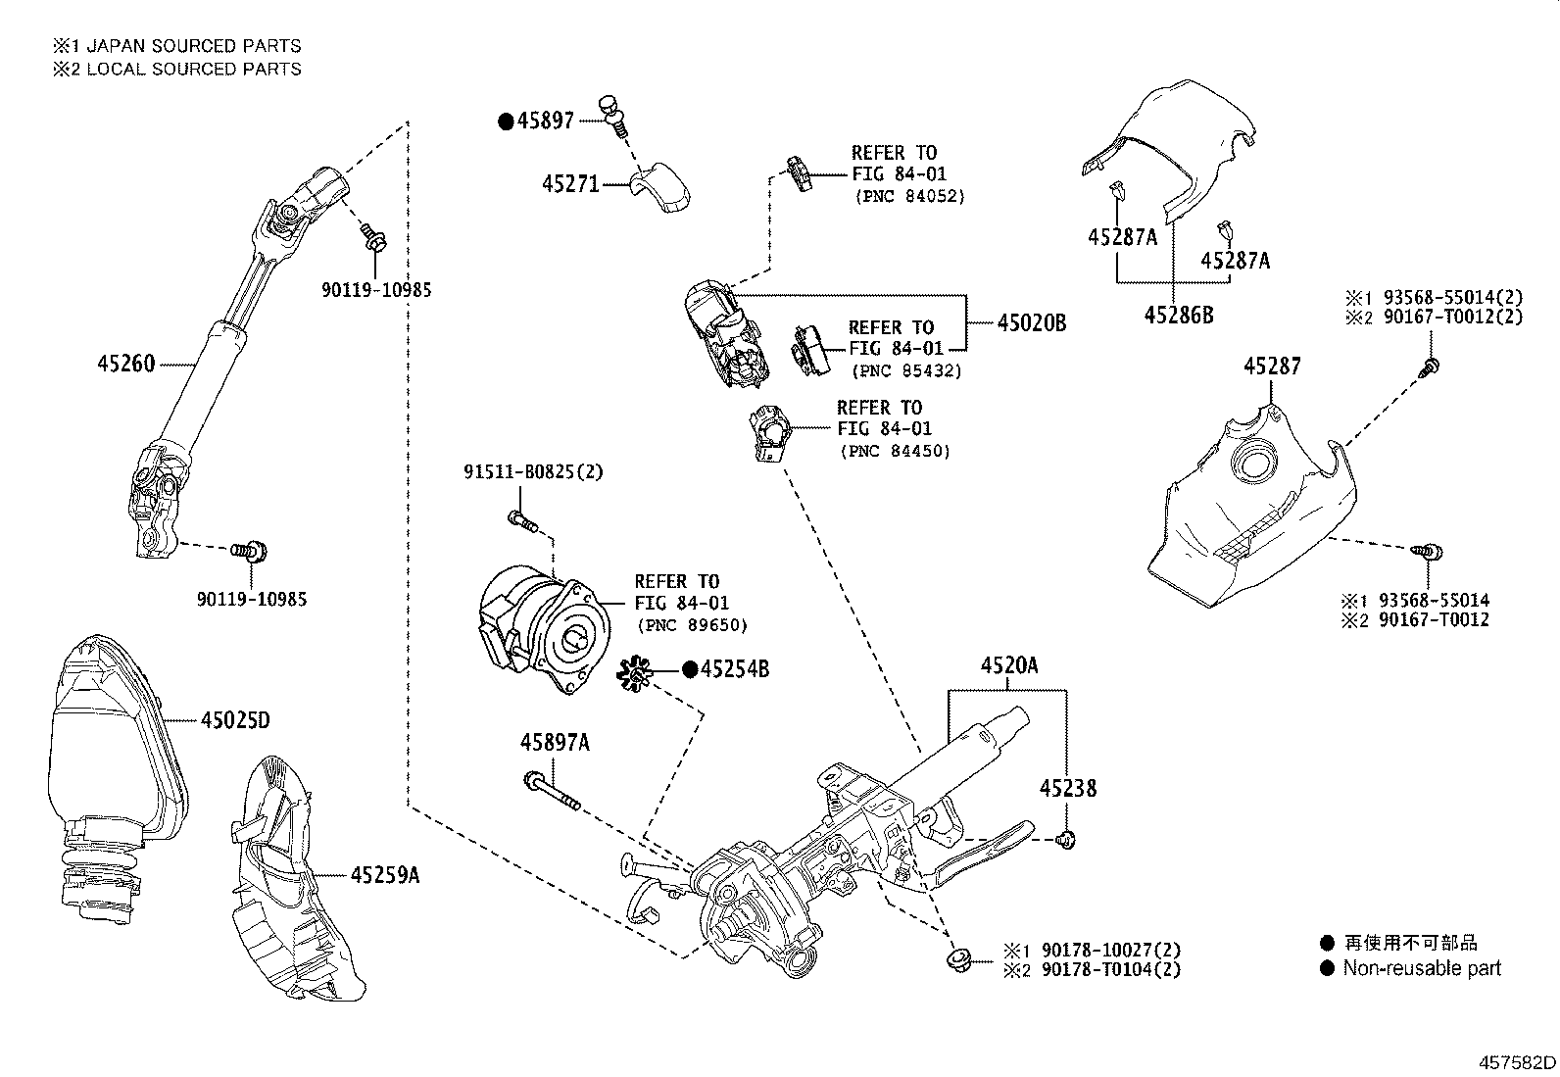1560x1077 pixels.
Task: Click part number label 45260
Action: point(125,364)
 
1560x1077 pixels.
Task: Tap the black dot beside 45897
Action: point(506,122)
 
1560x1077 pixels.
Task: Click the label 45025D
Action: point(234,721)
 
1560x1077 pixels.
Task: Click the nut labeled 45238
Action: point(1066,839)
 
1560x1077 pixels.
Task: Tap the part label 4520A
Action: point(1009,666)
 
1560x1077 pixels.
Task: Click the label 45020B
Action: point(1031,322)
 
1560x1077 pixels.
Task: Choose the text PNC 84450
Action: point(896,451)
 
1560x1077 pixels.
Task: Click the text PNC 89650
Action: point(692,625)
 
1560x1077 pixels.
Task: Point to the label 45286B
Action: point(1179,315)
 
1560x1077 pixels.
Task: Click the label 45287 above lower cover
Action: point(1272,366)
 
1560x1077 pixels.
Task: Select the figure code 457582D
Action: point(1517,1062)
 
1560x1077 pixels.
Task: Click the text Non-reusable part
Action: point(1421,968)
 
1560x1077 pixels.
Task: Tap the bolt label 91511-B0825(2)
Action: point(533,472)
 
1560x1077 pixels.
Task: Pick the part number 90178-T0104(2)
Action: point(1111,969)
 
